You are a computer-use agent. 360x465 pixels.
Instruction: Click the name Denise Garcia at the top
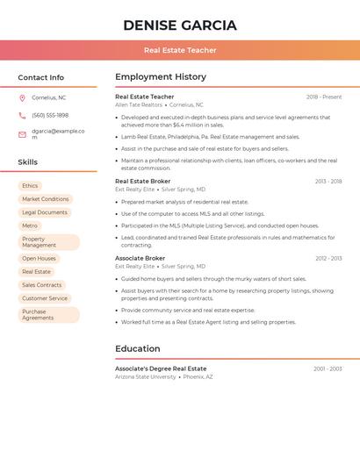pos(180,25)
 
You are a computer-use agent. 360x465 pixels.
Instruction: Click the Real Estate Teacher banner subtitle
pos(180,50)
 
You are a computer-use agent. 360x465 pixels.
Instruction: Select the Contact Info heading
pos(40,77)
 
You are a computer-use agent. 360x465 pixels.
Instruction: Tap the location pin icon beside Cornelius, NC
pos(22,97)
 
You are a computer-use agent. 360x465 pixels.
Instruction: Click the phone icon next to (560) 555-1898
pos(22,115)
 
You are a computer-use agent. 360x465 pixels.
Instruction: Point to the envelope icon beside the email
pos(22,134)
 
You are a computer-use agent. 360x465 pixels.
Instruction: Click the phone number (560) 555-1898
pos(50,115)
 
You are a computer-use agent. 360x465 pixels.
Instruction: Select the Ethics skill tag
pos(30,186)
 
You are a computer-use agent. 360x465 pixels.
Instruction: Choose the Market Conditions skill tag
pos(45,199)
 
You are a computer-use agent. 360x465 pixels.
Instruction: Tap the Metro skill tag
pos(30,225)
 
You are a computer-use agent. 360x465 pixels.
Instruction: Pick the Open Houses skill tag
pos(39,259)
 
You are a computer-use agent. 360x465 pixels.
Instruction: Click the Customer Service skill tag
pos(45,298)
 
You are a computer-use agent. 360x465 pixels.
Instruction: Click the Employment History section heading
pos(161,77)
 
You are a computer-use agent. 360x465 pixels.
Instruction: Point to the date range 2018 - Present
pos(324,97)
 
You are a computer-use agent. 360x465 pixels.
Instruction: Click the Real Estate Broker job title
pos(143,182)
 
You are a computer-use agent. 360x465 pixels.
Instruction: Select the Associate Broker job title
pos(140,259)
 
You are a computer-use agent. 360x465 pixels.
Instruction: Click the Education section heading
pos(138,349)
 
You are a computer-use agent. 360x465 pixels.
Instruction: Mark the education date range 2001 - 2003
pos(328,369)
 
